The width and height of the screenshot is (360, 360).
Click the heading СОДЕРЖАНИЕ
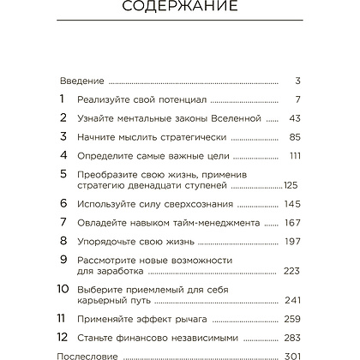pyautogui.click(x=180, y=11)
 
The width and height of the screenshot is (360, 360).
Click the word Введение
pyautogui.click(x=82, y=81)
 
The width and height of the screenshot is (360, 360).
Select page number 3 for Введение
pyautogui.click(x=296, y=81)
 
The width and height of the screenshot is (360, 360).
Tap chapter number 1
pyautogui.click(x=63, y=99)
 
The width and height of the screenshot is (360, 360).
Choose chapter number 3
pyautogui.click(x=63, y=136)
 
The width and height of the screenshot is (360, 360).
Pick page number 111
pyautogui.click(x=291, y=155)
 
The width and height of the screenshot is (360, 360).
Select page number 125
pyautogui.click(x=290, y=184)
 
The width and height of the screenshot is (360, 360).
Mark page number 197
pyautogui.click(x=291, y=241)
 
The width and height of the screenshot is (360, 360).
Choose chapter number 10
pyautogui.click(x=63, y=289)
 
